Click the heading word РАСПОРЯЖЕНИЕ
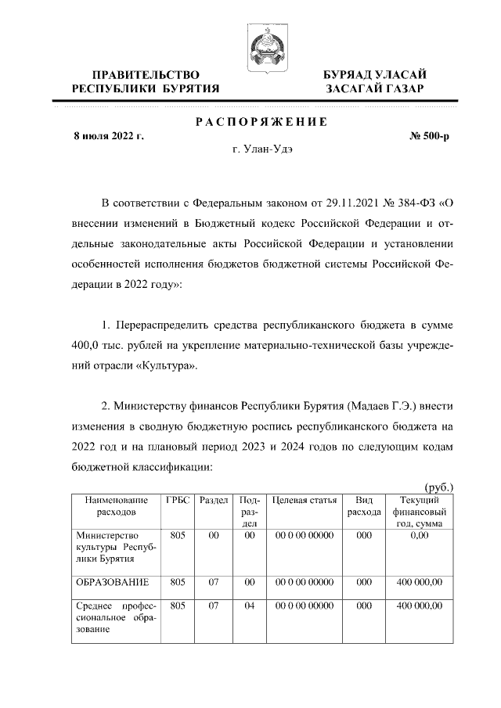pyautogui.click(x=261, y=122)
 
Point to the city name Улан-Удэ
pyautogui.click(x=270, y=149)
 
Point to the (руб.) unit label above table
pyautogui.click(x=438, y=487)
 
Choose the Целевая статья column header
pyautogui.click(x=304, y=500)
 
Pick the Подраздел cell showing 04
pyautogui.click(x=250, y=606)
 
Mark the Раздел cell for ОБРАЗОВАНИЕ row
pyautogui.click(x=213, y=582)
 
